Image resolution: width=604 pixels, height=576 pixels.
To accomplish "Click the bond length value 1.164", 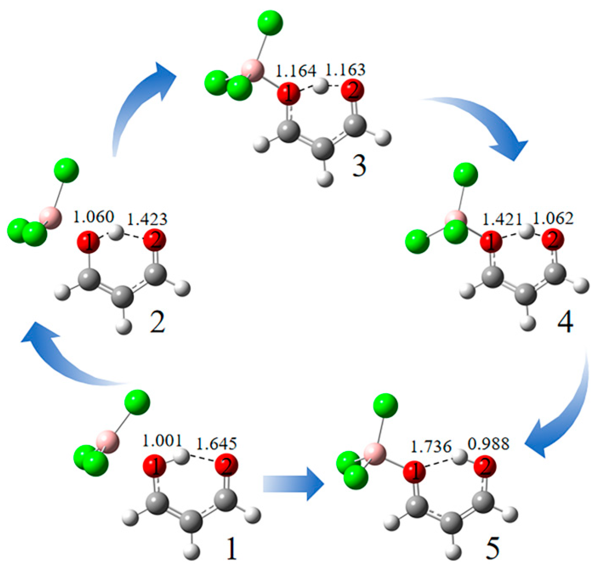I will [x=296, y=71].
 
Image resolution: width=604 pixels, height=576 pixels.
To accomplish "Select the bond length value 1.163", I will [x=345, y=70].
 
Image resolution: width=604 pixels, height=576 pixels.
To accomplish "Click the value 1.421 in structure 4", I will [x=501, y=220].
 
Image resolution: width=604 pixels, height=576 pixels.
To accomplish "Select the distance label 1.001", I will [x=162, y=441].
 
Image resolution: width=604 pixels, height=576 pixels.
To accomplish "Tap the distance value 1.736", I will [x=431, y=447].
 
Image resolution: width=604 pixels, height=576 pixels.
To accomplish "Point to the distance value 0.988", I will [x=488, y=444].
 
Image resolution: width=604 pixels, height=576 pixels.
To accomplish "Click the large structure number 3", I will [x=359, y=166].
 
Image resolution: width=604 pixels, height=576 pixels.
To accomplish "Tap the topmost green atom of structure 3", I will [x=270, y=23].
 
